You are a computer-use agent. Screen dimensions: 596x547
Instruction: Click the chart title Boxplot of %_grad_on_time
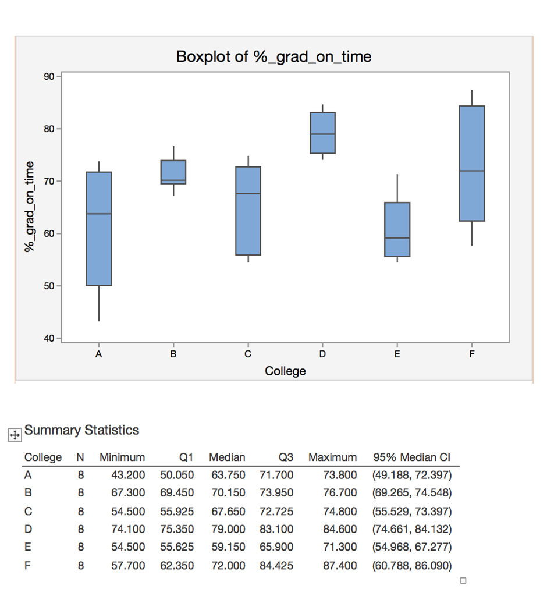pyautogui.click(x=273, y=56)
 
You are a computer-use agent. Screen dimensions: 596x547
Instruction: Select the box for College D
pyautogui.click(x=322, y=133)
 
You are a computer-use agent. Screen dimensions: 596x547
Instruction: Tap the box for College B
pyautogui.click(x=173, y=172)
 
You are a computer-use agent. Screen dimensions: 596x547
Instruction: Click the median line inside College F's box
pyautogui.click(x=472, y=171)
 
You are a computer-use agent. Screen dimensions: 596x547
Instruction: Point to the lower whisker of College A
pyautogui.click(x=99, y=303)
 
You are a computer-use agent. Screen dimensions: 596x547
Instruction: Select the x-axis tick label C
pyautogui.click(x=248, y=353)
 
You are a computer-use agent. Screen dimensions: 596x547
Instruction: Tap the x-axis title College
pyautogui.click(x=285, y=371)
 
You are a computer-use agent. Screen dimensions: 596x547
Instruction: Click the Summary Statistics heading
pyautogui.click(x=81, y=430)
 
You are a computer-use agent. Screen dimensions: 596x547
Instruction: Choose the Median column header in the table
pyautogui.click(x=227, y=457)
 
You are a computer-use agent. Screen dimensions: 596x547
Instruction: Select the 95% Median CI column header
pyautogui.click(x=411, y=457)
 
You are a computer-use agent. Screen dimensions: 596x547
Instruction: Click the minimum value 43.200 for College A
pyautogui.click(x=128, y=475)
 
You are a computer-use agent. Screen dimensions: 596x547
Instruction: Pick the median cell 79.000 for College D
pyautogui.click(x=228, y=529)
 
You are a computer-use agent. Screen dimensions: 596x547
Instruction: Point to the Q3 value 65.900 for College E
pyautogui.click(x=276, y=547)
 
